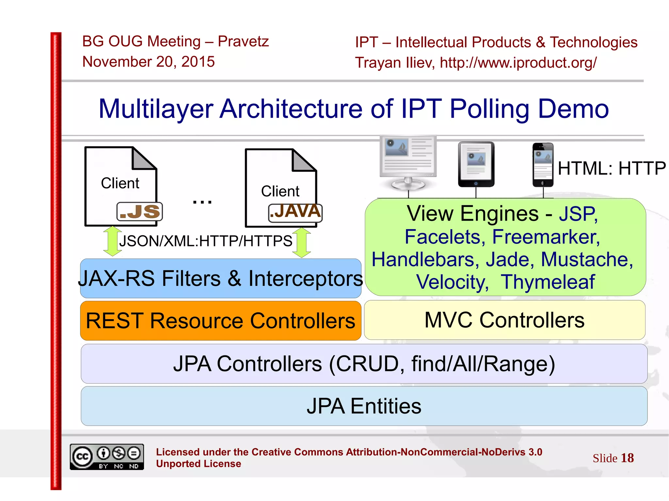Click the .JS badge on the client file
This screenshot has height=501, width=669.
139,211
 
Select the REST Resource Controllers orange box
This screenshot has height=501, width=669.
220,321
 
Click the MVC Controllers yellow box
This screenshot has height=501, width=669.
504,320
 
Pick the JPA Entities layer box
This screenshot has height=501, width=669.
364,406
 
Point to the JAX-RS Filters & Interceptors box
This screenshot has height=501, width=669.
220,278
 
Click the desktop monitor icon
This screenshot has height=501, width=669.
408,162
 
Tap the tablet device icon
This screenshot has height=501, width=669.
476,164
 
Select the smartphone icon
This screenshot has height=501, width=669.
543,165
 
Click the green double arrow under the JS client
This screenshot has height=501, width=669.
112,241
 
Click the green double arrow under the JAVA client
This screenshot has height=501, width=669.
302,243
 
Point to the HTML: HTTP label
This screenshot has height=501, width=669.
611,168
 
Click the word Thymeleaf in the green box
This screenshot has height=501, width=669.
548,282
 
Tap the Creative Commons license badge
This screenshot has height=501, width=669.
107,457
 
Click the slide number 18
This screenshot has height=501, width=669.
627,458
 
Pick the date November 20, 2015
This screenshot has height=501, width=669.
148,62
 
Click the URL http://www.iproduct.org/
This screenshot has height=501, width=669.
518,63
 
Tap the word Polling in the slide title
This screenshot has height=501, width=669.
489,109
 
